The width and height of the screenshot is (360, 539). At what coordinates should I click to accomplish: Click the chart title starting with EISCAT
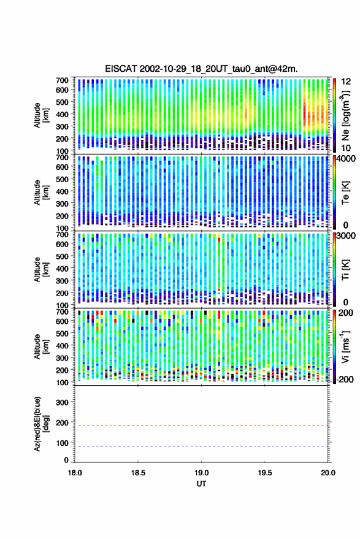pos(201,69)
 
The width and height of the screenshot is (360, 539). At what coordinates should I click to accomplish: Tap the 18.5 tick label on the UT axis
pos(138,473)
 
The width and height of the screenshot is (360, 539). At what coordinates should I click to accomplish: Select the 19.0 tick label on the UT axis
pos(201,473)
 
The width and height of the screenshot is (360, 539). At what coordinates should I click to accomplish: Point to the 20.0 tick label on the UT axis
pos(328,473)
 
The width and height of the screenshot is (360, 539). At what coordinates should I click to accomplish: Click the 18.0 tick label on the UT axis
pos(75,473)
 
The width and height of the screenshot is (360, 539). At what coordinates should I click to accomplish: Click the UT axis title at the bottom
pos(201,484)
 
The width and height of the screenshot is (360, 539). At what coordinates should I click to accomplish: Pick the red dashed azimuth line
pos(201,426)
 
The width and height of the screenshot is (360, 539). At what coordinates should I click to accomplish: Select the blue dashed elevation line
pos(201,446)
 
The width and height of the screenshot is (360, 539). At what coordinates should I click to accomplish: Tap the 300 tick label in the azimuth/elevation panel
pos(62,402)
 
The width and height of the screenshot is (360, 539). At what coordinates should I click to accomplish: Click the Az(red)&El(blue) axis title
pos(40,424)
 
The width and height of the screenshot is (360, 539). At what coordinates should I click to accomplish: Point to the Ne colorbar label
pos(345,115)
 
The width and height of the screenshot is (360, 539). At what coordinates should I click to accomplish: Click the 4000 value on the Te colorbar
pos(347,159)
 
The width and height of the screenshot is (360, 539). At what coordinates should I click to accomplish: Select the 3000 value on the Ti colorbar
pos(347,236)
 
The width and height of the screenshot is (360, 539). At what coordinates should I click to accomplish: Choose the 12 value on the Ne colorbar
pos(347,82)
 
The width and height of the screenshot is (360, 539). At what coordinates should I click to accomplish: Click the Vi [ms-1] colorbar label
pos(345,346)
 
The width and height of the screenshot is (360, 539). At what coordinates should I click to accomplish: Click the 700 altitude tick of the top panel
pos(62,80)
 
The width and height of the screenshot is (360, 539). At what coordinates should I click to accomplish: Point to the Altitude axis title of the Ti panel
pos(40,270)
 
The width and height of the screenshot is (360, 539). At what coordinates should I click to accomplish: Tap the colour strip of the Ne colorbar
pos(334,115)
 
